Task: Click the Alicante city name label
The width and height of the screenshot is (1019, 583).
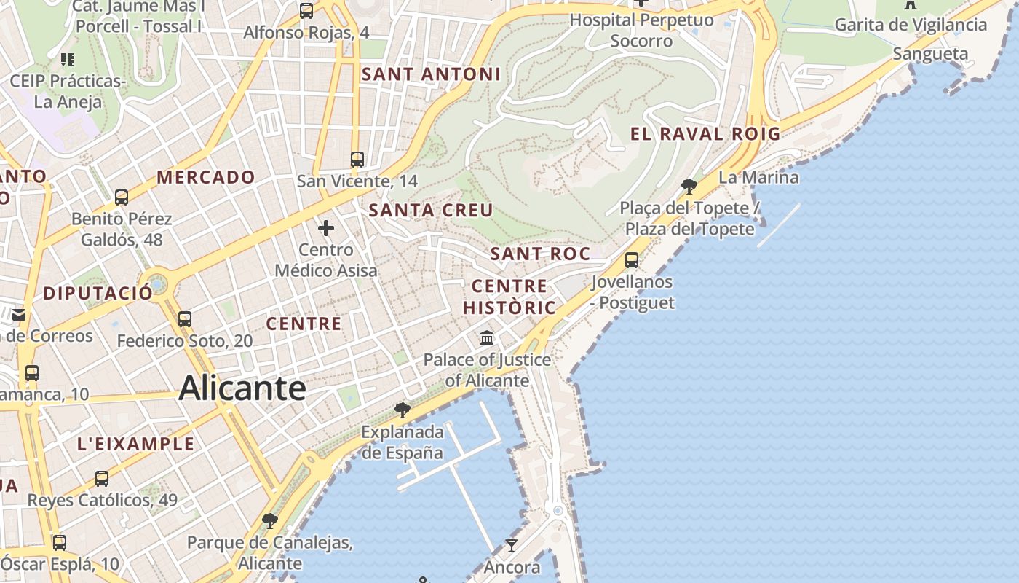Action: point(242,388)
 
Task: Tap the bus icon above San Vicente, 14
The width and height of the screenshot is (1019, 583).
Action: point(357,159)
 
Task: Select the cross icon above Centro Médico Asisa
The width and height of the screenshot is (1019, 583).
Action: point(326,229)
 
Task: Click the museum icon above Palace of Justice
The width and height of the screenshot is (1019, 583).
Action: point(487,338)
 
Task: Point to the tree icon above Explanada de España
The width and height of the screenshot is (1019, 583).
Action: point(402,410)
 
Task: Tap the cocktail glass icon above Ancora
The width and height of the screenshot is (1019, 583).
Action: point(512,545)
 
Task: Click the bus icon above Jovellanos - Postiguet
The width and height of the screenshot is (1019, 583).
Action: point(632,260)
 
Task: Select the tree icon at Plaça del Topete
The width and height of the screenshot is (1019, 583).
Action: point(689,187)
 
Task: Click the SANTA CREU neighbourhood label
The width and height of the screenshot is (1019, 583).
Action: point(431,210)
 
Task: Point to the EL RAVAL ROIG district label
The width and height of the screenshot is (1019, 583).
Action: point(705,134)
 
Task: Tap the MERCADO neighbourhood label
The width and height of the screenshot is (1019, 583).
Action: point(206,177)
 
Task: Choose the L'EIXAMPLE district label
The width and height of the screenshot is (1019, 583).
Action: point(136,444)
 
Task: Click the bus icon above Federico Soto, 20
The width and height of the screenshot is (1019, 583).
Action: point(185,318)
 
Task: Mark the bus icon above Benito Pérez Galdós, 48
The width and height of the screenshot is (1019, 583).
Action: point(122,197)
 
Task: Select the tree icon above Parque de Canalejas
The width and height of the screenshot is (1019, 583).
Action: point(269,521)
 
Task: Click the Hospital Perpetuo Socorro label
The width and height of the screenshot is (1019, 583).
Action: point(641,30)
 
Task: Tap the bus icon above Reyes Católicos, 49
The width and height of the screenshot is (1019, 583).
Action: point(102,479)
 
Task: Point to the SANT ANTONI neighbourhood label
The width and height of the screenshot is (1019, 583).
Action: point(431,74)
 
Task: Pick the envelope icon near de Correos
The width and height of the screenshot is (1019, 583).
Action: point(18,315)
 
